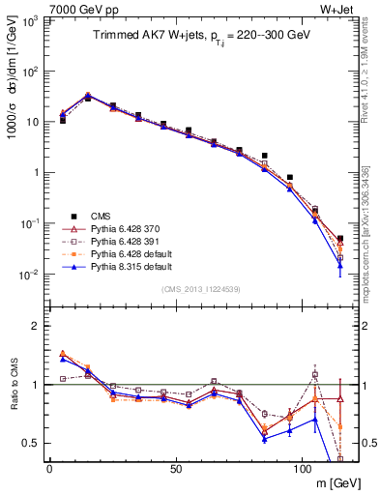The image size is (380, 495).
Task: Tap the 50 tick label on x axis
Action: [x=176, y=469]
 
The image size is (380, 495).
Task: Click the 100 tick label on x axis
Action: [x=303, y=469]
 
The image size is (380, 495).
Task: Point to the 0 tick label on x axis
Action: [x=49, y=469]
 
